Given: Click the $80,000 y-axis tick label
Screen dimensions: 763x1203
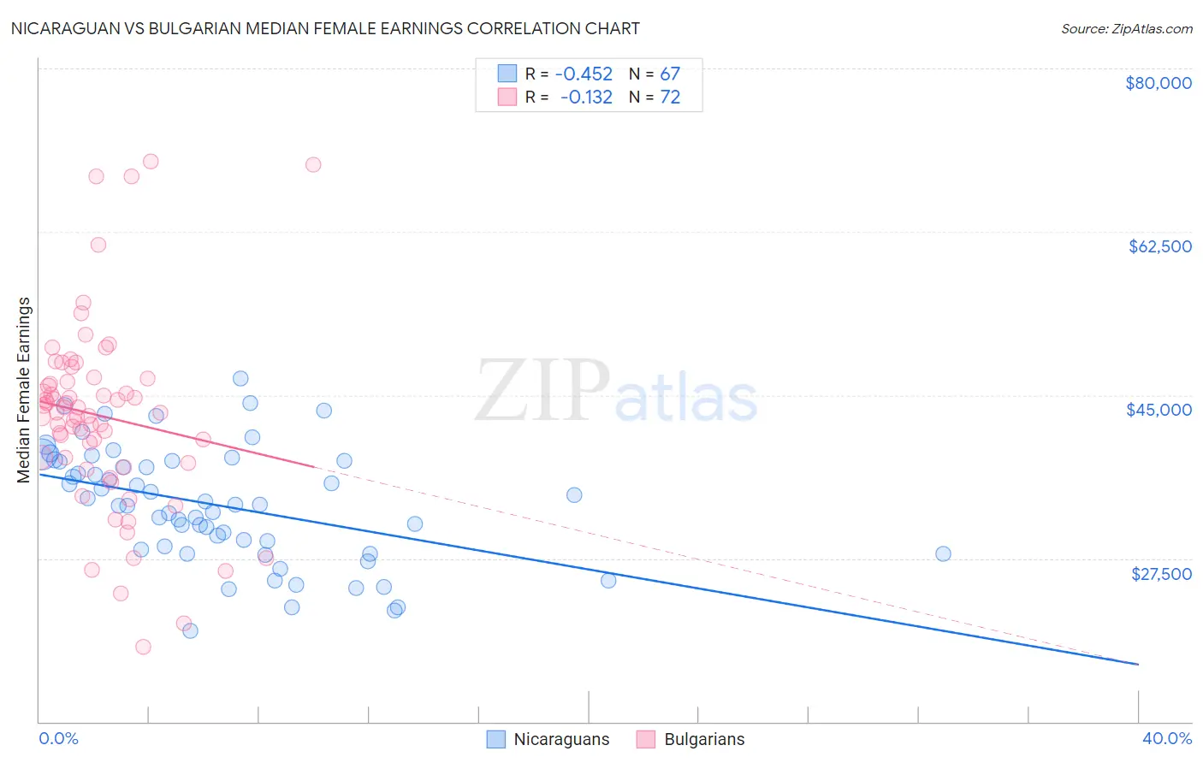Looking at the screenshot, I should [x=1158, y=83].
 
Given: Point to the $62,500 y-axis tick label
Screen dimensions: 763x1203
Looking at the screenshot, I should [x=1159, y=246].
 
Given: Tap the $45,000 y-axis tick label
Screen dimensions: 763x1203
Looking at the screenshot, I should [x=1159, y=410].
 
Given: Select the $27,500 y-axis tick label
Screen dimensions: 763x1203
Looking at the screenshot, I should [x=1161, y=574].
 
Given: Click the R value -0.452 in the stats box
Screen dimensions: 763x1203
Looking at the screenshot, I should [x=584, y=74].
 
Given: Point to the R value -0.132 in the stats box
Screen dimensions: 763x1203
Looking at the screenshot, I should [x=586, y=97].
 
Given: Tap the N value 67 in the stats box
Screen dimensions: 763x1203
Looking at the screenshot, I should [x=670, y=74].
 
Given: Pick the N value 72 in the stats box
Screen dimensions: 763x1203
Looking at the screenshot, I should [x=670, y=97].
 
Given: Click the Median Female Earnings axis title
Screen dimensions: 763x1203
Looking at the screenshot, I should [x=24, y=390].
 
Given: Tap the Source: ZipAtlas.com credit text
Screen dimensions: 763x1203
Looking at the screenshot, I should [x=1126, y=29].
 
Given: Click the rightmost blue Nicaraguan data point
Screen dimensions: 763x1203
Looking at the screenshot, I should [x=943, y=553].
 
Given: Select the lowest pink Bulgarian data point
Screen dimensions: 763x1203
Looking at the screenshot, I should [x=143, y=647].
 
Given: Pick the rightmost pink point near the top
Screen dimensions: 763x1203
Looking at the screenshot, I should [x=313, y=164].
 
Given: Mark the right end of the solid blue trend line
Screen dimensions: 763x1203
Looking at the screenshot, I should [x=1138, y=664].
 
